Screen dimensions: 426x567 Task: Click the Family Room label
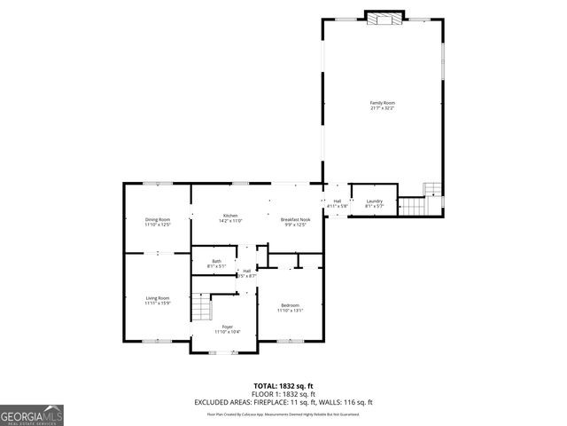[x=382, y=103]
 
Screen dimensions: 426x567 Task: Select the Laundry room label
[x=374, y=201]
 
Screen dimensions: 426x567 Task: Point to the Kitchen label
[x=230, y=216]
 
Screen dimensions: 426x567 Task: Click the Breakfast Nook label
[x=295, y=219]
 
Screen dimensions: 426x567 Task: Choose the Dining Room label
[x=158, y=219]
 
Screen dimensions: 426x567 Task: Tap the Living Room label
[x=158, y=298]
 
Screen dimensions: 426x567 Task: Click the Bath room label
[x=217, y=261]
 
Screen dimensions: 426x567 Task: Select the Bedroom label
[x=290, y=304]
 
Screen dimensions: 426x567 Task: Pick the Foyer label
[x=227, y=327]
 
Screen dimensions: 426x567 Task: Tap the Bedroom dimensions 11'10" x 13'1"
[x=290, y=311]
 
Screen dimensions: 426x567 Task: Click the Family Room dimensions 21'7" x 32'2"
[x=382, y=108]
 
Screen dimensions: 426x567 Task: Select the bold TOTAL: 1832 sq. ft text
[x=283, y=385]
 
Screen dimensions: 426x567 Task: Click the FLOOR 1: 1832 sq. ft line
[x=283, y=393]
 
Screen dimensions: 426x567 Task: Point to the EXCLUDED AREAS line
[x=283, y=401]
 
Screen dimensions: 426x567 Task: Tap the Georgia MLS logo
[x=32, y=414]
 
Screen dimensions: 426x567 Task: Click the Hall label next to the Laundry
[x=338, y=201]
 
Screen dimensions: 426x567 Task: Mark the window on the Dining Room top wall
[x=158, y=184]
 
